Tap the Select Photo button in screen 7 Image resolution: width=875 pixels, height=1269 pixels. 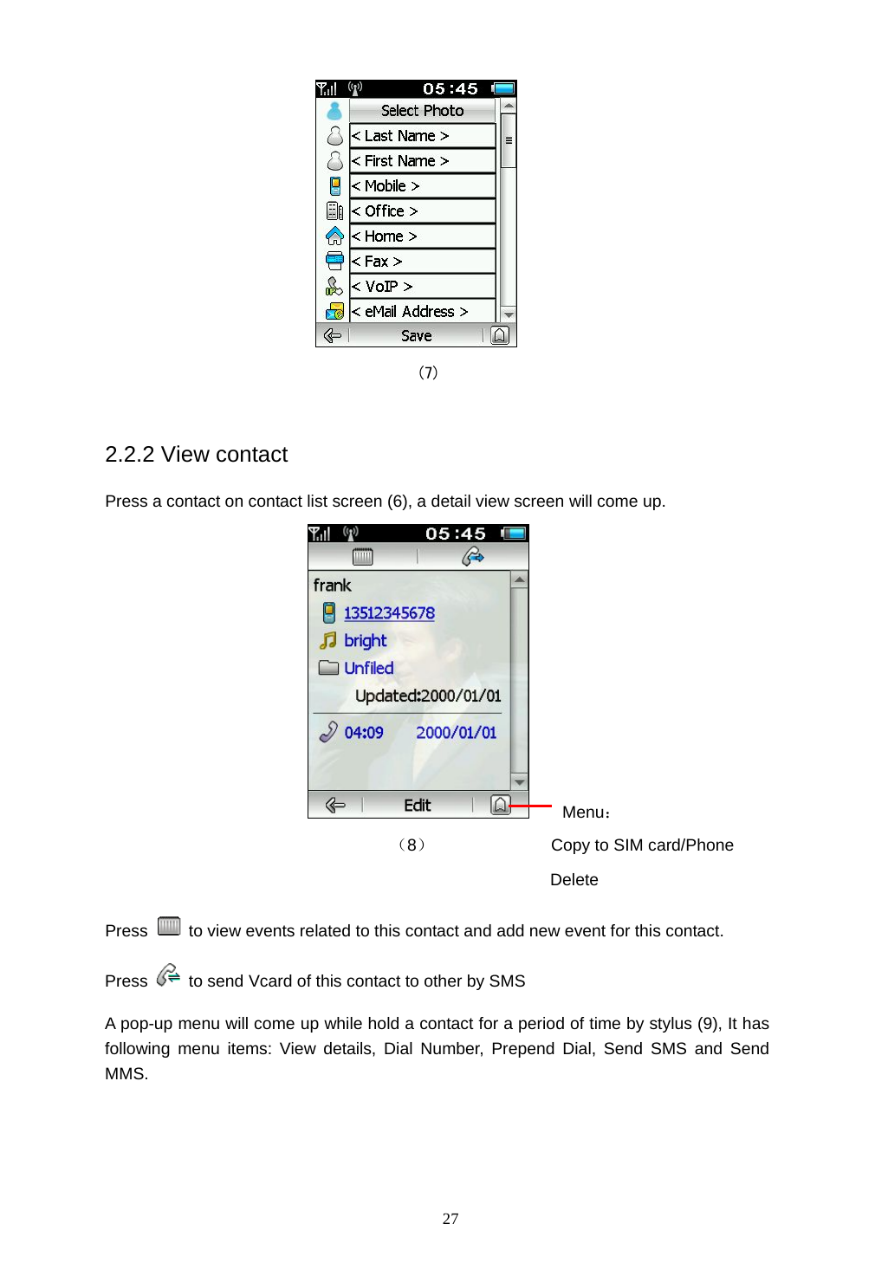[422, 111]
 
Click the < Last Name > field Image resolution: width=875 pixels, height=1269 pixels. [422, 136]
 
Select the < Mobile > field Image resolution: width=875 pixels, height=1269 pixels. [422, 186]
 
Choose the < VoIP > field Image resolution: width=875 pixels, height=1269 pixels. [422, 287]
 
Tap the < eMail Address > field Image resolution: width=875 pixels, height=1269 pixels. [422, 312]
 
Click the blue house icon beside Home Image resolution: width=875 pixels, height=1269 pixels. [334, 236]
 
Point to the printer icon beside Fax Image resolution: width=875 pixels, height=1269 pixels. [334, 261]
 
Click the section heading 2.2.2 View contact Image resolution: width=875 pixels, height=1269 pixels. [196, 455]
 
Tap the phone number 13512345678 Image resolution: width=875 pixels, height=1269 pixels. [389, 613]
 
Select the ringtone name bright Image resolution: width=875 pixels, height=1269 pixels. [365, 641]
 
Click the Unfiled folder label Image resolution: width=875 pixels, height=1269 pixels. [368, 668]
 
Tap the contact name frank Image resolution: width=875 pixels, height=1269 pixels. [332, 586]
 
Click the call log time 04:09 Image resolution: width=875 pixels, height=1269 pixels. [363, 733]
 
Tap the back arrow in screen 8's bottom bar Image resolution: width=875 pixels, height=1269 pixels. [335, 806]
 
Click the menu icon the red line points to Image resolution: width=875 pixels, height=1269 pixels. [500, 806]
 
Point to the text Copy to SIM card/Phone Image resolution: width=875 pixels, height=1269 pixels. [642, 845]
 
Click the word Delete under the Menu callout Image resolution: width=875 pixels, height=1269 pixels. [574, 880]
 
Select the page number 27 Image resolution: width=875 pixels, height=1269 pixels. [450, 1219]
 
